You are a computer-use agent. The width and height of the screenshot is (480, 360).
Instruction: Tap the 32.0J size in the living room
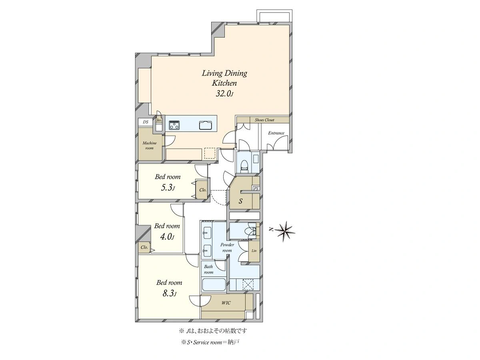[224, 94]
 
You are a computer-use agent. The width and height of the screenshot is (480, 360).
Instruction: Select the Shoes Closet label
[264, 120]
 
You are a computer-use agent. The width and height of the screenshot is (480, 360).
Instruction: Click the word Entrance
[276, 133]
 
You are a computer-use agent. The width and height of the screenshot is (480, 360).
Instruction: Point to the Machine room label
[150, 146]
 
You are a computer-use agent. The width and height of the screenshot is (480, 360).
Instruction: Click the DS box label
[146, 122]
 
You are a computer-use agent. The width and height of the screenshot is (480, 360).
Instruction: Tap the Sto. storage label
[159, 120]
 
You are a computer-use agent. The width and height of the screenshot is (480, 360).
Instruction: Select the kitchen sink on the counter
[205, 125]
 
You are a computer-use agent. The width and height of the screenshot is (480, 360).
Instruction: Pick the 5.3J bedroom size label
[168, 188]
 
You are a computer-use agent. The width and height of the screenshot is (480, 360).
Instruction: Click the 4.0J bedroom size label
[167, 237]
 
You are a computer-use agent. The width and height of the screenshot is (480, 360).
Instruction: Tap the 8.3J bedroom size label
[169, 294]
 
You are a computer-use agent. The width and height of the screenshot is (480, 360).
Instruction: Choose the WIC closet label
[226, 303]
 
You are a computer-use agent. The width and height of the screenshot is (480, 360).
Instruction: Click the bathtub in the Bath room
[214, 284]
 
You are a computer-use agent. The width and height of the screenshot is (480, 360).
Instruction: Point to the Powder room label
[227, 248]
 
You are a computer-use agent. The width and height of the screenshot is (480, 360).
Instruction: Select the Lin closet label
[254, 251]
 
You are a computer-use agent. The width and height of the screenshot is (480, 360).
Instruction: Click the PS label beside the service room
[256, 189]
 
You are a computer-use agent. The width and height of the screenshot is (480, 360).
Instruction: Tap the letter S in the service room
[240, 201]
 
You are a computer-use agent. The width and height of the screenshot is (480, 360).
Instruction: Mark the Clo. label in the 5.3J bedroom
[203, 190]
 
